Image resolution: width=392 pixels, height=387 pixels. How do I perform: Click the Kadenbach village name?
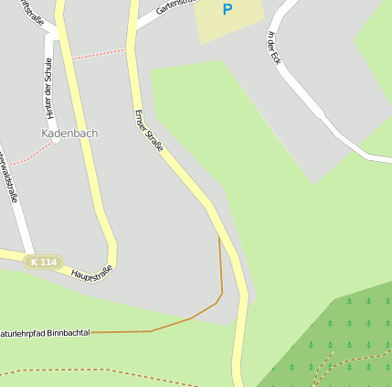[x=69, y=134]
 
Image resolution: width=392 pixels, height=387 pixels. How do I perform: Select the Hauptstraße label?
[x=91, y=272]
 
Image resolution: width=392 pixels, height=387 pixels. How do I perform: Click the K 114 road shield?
[x=43, y=263]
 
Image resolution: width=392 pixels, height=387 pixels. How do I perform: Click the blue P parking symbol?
[x=228, y=10]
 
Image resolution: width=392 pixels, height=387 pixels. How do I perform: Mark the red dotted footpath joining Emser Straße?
[x=99, y=54]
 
